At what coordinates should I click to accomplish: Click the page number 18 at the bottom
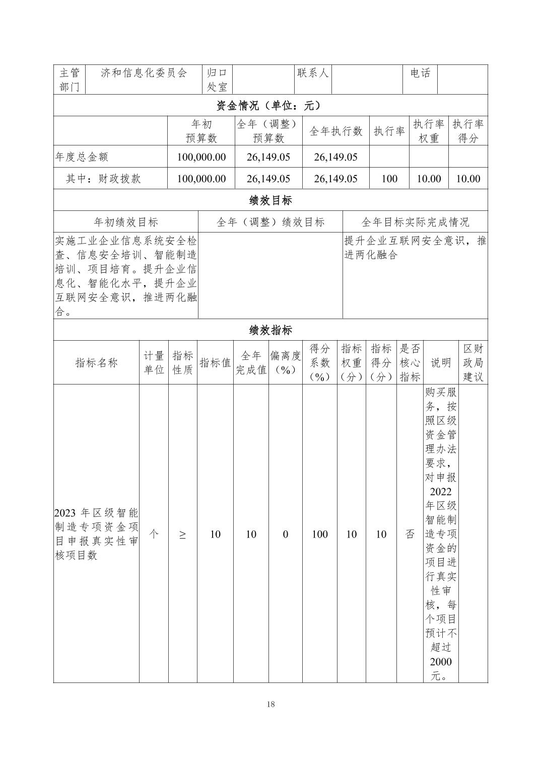click(270, 704)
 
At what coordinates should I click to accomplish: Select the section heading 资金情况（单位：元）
click(270, 106)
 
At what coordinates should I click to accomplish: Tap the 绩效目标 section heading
click(270, 200)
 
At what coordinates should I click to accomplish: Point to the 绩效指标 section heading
click(270, 330)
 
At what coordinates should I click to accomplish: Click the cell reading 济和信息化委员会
click(144, 73)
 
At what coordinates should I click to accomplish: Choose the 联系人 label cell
click(313, 73)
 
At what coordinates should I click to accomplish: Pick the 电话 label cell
click(420, 73)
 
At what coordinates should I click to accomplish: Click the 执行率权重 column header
click(429, 131)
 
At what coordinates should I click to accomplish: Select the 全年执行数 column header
click(336, 131)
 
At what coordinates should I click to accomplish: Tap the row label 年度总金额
click(82, 157)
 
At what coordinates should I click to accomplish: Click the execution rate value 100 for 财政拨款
click(389, 179)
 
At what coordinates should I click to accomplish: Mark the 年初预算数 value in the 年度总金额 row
click(201, 157)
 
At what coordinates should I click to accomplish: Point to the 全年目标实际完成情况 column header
click(415, 222)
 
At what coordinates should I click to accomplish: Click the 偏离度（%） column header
click(285, 363)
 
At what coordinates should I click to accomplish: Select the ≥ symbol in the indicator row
click(182, 534)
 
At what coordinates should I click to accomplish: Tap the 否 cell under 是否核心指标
click(410, 534)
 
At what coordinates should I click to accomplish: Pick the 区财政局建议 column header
click(473, 363)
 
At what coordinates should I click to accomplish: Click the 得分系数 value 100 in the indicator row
click(320, 534)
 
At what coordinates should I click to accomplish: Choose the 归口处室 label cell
click(218, 80)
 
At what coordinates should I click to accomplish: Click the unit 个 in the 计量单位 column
click(154, 534)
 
